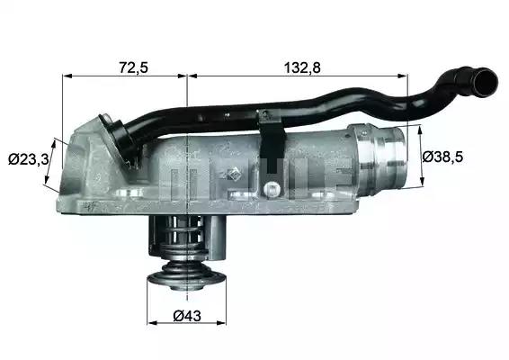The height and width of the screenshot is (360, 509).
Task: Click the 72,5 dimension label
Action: pyautogui.click(x=134, y=67)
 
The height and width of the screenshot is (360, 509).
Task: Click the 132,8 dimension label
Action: pyautogui.click(x=302, y=67)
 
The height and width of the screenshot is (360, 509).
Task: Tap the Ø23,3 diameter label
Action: pyautogui.click(x=29, y=159)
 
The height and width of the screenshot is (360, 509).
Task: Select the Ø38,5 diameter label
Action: pyautogui.click(x=442, y=157)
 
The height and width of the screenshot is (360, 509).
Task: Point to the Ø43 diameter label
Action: pyautogui.click(x=187, y=316)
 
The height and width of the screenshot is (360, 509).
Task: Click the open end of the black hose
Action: pyautogui.click(x=484, y=83)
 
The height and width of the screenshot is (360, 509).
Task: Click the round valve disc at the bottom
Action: pyautogui.click(x=187, y=280)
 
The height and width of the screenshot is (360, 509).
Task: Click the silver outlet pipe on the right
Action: pyautogui.click(x=380, y=159)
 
